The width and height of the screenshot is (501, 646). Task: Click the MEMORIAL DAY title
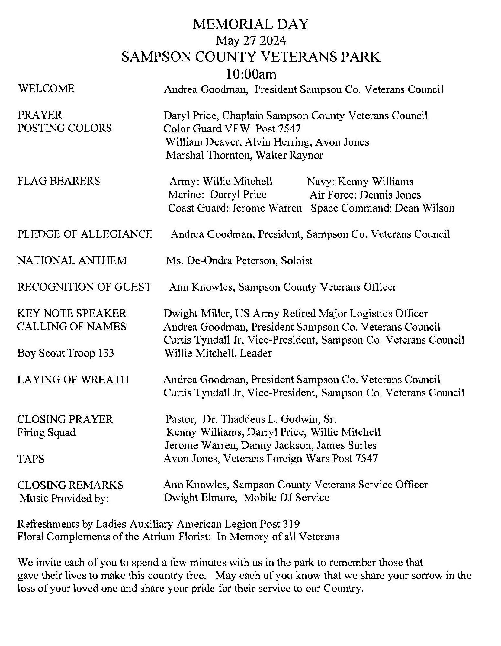(251, 25)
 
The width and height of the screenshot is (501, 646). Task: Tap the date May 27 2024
(251, 41)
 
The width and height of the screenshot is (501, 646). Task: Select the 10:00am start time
(251, 75)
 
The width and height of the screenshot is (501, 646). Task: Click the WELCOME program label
(46, 89)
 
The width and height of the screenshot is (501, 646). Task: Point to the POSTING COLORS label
(65, 128)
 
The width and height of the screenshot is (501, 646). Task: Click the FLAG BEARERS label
(58, 181)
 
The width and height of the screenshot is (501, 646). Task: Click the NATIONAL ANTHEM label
(72, 260)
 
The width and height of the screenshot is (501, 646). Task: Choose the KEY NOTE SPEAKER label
(72, 313)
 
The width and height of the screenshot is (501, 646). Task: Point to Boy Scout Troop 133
(65, 353)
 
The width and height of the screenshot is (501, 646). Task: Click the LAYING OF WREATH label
(73, 380)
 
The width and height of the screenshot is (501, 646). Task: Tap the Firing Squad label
(46, 432)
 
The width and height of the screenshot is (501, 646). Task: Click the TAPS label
(31, 459)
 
